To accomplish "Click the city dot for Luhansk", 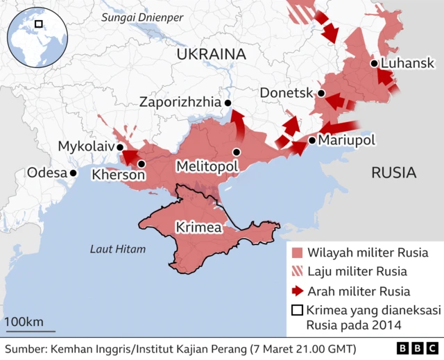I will coord(374,64).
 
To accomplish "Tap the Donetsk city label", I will coord(287,93).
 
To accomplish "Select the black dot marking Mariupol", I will coord(312,140).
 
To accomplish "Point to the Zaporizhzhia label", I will coord(179,102).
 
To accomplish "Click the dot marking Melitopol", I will coord(237,152).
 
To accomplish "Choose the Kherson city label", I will coord(119,175).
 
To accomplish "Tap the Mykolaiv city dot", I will coord(120,147).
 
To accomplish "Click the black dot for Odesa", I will coord(73,172).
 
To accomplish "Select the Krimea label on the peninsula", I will coord(198,228).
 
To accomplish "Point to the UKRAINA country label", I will coord(212,54).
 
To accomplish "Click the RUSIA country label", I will coord(393,172).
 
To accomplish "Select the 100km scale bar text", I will coord(24,322).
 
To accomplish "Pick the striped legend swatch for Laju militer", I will coord(298,271).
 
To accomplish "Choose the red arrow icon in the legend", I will coord(298,291).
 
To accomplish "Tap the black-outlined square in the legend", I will coord(298,311).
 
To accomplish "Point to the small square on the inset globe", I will coord(39,24).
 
